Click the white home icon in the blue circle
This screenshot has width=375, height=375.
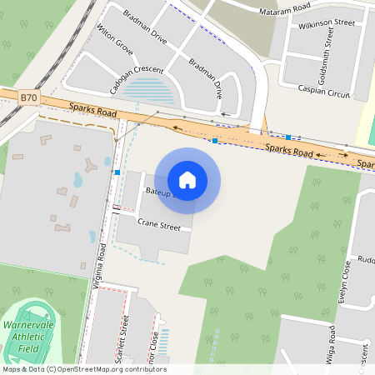click(x=187, y=179)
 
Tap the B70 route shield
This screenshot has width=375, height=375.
click(x=29, y=97)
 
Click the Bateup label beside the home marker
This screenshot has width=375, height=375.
click(x=157, y=192)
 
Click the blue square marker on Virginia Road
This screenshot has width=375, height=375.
click(x=117, y=172)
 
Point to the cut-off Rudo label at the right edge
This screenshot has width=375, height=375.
click(x=365, y=257)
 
